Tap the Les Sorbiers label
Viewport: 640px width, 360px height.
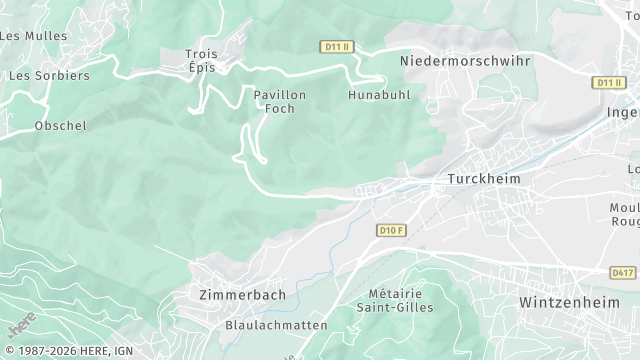[x=48, y=75]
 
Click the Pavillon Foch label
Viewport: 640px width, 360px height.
[x=280, y=101]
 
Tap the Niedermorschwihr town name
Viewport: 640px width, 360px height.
[x=465, y=61]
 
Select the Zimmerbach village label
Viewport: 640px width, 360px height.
[x=242, y=295]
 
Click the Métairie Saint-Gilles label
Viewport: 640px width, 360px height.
[x=395, y=300]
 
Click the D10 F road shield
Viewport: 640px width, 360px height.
[x=392, y=231]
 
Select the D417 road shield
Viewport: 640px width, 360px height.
[x=622, y=272]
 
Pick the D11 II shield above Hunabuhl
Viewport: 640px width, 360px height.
[x=336, y=47]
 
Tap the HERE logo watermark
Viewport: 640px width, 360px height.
[x=21, y=323]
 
